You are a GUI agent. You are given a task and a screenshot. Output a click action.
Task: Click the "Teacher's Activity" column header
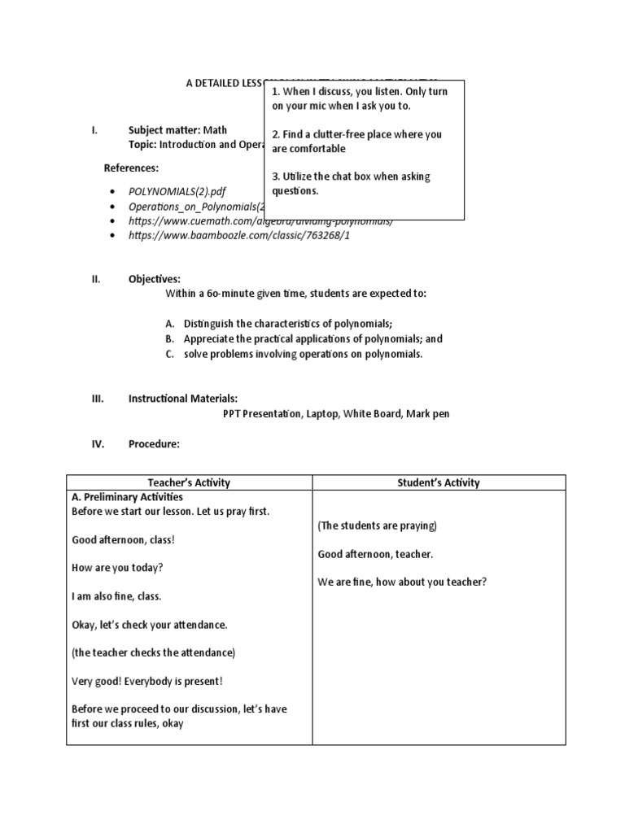[189, 482]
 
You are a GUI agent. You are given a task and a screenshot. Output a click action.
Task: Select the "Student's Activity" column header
[439, 482]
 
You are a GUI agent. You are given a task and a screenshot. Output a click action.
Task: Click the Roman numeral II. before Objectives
[95, 279]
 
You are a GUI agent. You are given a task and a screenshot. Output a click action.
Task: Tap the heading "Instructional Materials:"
[183, 399]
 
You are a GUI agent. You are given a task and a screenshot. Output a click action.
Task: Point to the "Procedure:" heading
[154, 444]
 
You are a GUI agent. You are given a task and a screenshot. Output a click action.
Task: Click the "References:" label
[132, 168]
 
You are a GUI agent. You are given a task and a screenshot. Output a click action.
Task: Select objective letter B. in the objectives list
[170, 338]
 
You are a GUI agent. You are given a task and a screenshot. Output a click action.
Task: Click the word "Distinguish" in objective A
[208, 323]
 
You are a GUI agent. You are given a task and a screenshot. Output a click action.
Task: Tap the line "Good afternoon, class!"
[123, 539]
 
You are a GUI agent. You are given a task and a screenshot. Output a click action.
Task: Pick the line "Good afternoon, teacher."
[375, 554]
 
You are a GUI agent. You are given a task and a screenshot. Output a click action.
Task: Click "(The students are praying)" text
[377, 526]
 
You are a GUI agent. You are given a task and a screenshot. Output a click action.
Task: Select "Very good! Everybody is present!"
[146, 681]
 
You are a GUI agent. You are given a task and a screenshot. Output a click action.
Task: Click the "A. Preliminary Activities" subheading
[127, 497]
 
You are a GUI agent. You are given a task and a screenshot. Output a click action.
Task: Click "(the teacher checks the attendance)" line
[153, 652]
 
